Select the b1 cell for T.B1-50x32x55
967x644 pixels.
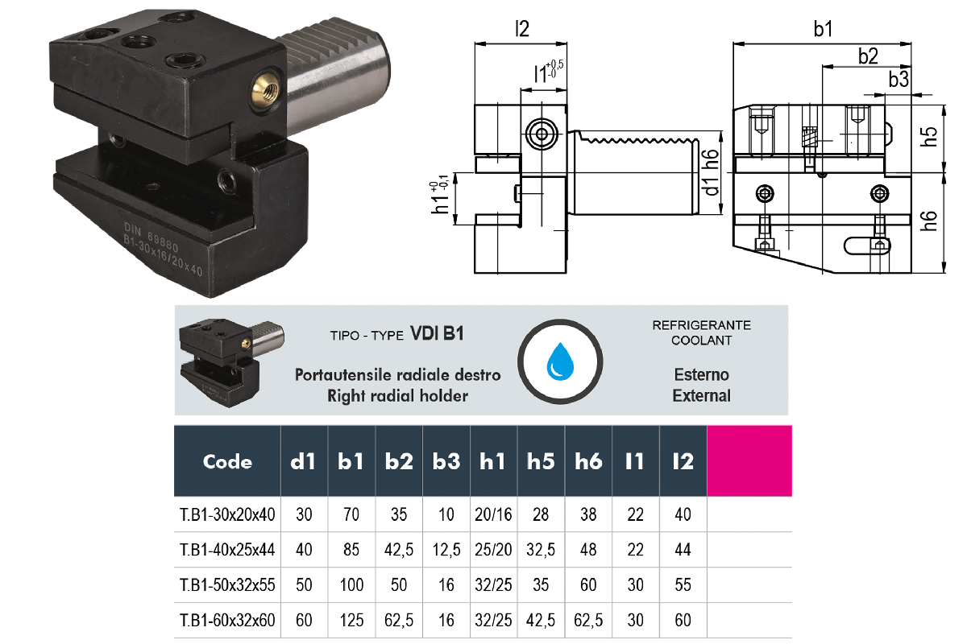[351, 584]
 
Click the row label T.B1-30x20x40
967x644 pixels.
[227, 514]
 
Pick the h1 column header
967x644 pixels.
[493, 462]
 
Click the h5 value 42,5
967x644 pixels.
[541, 621]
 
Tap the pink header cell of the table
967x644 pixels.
[749, 461]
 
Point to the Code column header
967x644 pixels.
[227, 462]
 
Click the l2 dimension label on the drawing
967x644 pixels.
[522, 30]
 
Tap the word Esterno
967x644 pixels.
[701, 374]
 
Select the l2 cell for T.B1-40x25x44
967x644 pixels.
[683, 550]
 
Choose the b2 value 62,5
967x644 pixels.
[399, 621]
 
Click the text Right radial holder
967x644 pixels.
[397, 395]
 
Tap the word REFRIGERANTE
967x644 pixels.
[701, 325]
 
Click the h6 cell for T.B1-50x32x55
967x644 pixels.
[588, 584]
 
